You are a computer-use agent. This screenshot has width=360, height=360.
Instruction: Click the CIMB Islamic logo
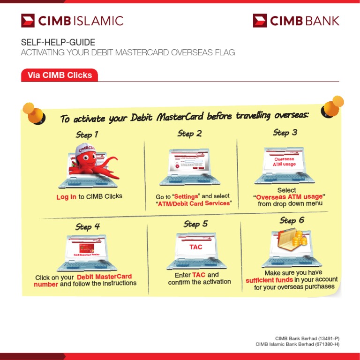[72, 21]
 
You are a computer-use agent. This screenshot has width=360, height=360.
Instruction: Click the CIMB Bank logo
[296, 21]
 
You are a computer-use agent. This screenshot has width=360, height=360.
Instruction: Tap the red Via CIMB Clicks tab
[60, 75]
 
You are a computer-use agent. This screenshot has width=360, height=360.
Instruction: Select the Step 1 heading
[87, 135]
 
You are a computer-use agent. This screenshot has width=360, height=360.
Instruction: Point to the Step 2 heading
[189, 134]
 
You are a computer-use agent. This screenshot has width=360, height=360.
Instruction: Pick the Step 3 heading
[285, 133]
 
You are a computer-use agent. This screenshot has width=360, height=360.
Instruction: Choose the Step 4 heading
[88, 226]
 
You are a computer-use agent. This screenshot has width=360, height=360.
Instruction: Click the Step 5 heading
[195, 224]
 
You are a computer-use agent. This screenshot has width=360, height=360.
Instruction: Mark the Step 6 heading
[292, 220]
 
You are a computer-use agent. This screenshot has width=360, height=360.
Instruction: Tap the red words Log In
[66, 197]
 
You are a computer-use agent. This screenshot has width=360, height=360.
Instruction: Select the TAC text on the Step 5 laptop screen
[196, 247]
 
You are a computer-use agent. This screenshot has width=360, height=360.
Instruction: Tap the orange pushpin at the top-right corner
[333, 106]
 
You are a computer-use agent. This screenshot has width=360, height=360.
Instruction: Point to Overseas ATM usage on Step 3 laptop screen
[284, 162]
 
